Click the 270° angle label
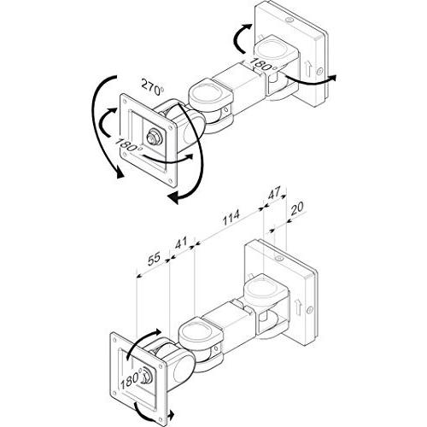tap(153, 87)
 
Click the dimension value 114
tap(231, 218)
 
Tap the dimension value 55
tap(155, 259)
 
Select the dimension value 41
tap(180, 243)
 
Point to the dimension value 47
tap(274, 193)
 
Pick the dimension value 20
tap(297, 208)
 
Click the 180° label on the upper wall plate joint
tap(263, 66)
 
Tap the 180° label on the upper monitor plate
tap(128, 145)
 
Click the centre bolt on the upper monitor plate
tap(154, 137)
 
